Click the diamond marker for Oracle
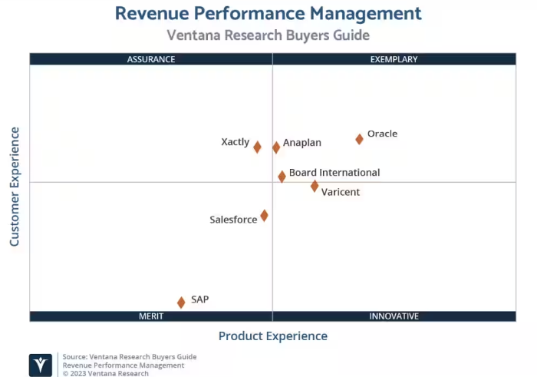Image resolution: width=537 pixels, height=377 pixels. pyautogui.click(x=359, y=139)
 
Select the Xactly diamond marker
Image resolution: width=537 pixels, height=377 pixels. pyautogui.click(x=257, y=147)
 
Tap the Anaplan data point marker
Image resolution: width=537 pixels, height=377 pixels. pyautogui.click(x=276, y=147)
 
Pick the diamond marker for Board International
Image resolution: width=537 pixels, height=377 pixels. pyautogui.click(x=282, y=177)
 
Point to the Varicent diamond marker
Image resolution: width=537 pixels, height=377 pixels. pyautogui.click(x=315, y=186)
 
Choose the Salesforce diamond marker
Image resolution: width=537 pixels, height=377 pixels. pyautogui.click(x=264, y=216)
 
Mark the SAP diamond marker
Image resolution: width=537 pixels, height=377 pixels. pyautogui.click(x=181, y=303)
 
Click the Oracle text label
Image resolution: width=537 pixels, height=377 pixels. pyautogui.click(x=382, y=134)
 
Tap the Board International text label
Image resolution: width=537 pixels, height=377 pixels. pyautogui.click(x=334, y=173)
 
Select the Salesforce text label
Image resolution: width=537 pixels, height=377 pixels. pyautogui.click(x=233, y=220)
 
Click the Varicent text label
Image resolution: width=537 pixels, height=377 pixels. pyautogui.click(x=340, y=192)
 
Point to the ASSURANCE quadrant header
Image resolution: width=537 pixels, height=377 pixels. pyautogui.click(x=151, y=59)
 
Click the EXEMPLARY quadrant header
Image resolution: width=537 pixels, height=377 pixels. pyautogui.click(x=394, y=59)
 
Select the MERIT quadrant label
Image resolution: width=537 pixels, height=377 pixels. pyautogui.click(x=151, y=316)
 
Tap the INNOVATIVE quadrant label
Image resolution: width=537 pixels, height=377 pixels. pyautogui.click(x=394, y=316)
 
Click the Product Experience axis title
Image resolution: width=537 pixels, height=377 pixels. pyautogui.click(x=272, y=336)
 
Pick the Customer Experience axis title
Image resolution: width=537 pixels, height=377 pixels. pyautogui.click(x=15, y=187)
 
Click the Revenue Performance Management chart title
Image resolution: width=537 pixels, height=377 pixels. pyautogui.click(x=268, y=13)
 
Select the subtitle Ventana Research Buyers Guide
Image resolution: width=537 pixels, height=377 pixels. pyautogui.click(x=268, y=35)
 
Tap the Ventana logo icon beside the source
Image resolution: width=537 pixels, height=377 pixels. pyautogui.click(x=41, y=365)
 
